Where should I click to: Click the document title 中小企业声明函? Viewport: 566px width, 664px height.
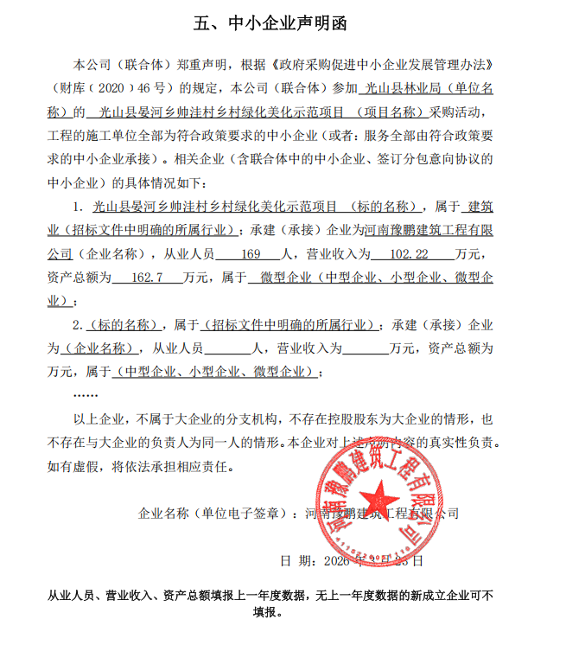click(295, 23)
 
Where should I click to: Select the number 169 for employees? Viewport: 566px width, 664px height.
click(251, 255)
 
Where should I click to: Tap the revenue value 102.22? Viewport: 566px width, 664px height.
click(410, 255)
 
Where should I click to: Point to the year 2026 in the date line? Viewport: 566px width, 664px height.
click(335, 560)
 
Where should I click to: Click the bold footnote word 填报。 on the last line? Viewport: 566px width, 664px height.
click(268, 613)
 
